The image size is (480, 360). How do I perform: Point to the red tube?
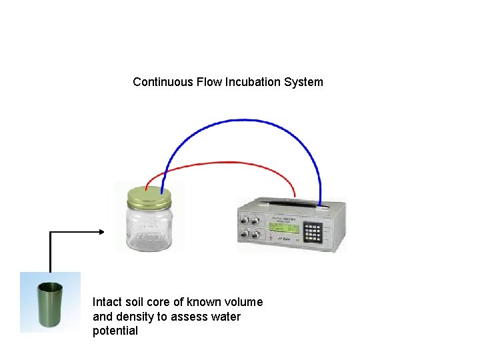(227, 162)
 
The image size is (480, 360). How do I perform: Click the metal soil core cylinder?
(50, 305)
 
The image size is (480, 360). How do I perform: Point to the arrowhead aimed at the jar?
(102, 232)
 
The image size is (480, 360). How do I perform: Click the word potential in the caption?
(115, 331)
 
